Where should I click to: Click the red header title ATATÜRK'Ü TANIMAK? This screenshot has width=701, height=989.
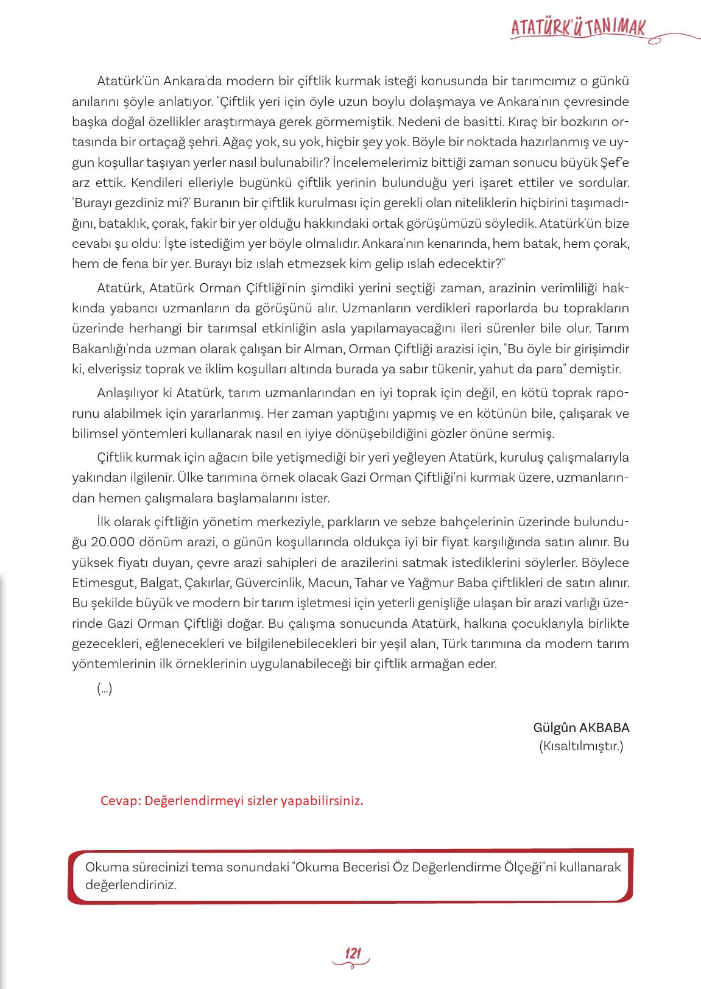click(577, 27)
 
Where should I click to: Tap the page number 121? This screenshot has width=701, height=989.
click(353, 952)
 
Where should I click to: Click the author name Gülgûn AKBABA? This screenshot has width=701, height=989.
click(580, 727)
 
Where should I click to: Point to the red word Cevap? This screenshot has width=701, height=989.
click(119, 800)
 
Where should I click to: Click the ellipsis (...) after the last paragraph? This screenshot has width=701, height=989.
click(104, 689)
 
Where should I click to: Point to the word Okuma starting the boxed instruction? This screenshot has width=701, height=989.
click(103, 867)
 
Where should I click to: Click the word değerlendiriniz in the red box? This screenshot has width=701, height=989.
click(130, 885)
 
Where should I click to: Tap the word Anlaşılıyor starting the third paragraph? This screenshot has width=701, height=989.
click(127, 393)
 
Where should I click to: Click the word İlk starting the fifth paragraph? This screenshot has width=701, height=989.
click(105, 522)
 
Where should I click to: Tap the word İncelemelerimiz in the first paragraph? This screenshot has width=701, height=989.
click(384, 163)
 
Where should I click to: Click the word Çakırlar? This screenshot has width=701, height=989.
click(206, 583)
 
